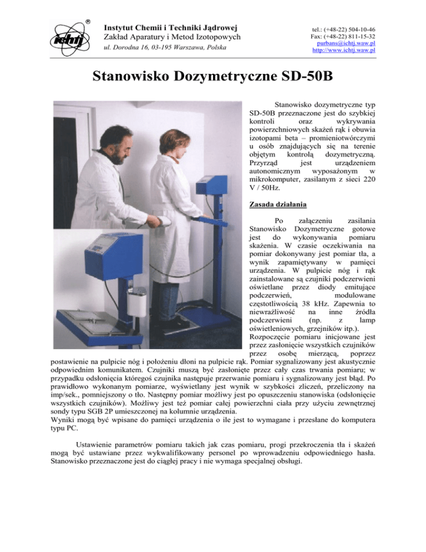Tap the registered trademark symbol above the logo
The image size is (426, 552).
pyautogui.click(x=88, y=23)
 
